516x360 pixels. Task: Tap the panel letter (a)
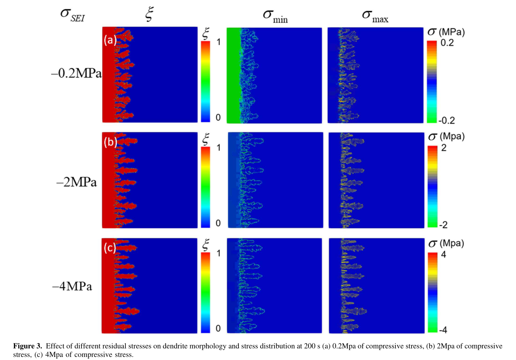[x=110, y=40]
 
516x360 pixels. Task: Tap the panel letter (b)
[x=110, y=143]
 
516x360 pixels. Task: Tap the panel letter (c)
[x=110, y=248]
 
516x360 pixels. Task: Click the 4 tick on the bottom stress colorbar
[x=443, y=255]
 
